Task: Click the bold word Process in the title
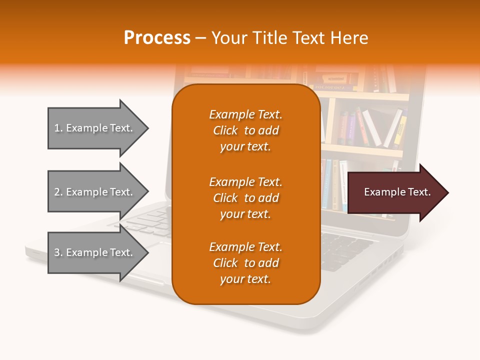click(157, 38)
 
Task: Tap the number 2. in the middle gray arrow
click(58, 192)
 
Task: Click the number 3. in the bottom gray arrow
click(58, 252)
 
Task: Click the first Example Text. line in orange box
click(245, 114)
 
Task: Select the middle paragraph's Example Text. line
click(245, 181)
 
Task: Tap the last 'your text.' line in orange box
click(245, 279)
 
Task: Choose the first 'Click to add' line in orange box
click(245, 130)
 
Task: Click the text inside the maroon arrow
click(397, 192)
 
